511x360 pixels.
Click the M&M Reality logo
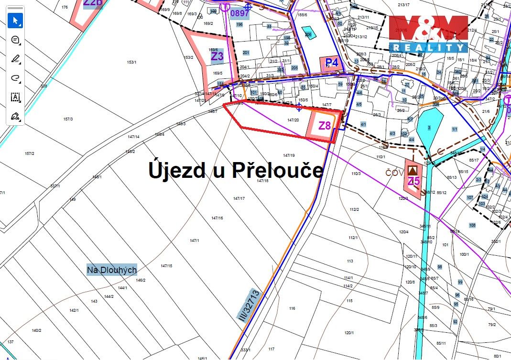pos(428,33)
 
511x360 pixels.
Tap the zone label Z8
pos(325,126)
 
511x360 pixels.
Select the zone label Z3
pos(217,56)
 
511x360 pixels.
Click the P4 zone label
pos(332,63)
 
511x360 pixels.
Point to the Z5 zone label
pos(414,181)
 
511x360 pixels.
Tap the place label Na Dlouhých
pos(112,270)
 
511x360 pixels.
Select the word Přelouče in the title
pos(278,170)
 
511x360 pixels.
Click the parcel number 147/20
pos(293,120)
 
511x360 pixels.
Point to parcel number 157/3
pos(68,119)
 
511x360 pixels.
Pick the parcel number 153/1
pos(132,63)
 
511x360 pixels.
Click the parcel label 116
pos(292,308)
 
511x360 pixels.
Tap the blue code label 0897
pos(240,13)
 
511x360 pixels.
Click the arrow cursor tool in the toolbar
pos(15,21)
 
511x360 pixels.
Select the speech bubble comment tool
pos(15,40)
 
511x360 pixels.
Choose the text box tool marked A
pos(15,97)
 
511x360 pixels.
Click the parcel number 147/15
pos(166,266)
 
